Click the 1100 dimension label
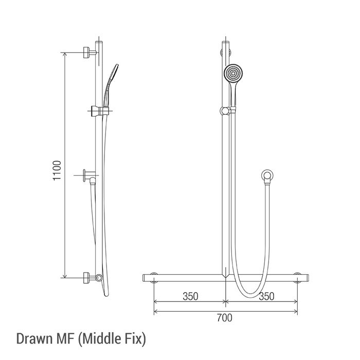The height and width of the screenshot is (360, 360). click(x=57, y=170)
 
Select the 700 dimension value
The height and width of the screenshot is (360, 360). click(x=225, y=318)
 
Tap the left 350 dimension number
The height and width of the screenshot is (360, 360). click(x=190, y=296)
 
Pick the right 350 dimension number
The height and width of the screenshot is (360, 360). click(x=266, y=296)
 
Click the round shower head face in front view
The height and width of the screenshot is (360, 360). click(x=233, y=74)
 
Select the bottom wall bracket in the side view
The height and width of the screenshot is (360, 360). click(x=89, y=278)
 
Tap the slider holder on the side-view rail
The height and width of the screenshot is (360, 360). click(x=100, y=111)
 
